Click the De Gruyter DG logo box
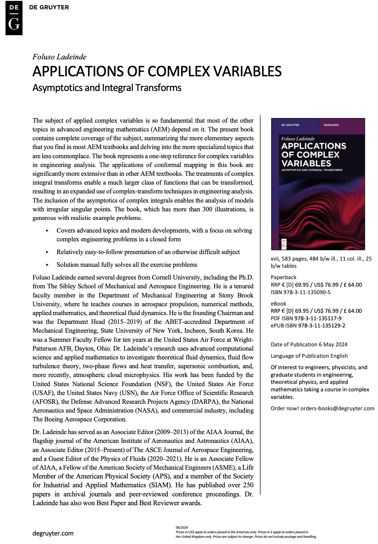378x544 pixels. tap(14, 18)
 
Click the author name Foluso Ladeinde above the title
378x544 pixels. tap(59, 57)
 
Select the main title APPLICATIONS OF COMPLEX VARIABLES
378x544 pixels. tap(157, 71)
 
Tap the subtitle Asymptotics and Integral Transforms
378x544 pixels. tap(107, 88)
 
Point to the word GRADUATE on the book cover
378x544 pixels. tap(331, 125)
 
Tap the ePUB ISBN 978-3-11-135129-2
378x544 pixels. tap(322, 325)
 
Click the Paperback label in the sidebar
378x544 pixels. tap(283, 277)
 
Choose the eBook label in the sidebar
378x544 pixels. tap(278, 304)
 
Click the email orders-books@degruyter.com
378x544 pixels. tap(337, 408)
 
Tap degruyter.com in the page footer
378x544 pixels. tap(53, 533)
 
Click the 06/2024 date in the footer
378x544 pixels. tap(181, 527)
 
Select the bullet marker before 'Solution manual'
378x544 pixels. tap(47, 265)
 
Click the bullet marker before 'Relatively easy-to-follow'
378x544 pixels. tap(47, 252)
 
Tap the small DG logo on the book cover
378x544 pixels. tap(284, 243)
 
